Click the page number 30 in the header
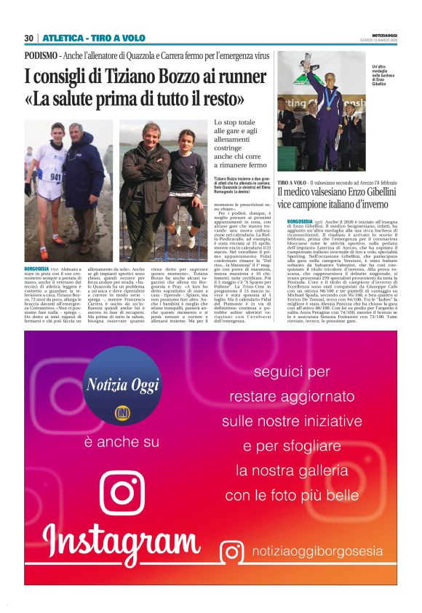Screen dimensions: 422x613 pyautogui.click(x=29, y=38)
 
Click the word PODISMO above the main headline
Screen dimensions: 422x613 pyautogui.click(x=41, y=55)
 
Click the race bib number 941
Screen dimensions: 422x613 pyautogui.click(x=55, y=177)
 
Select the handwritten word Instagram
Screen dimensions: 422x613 pyautogui.click(x=122, y=545)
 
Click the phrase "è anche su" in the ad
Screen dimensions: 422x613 pyautogui.click(x=122, y=442)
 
